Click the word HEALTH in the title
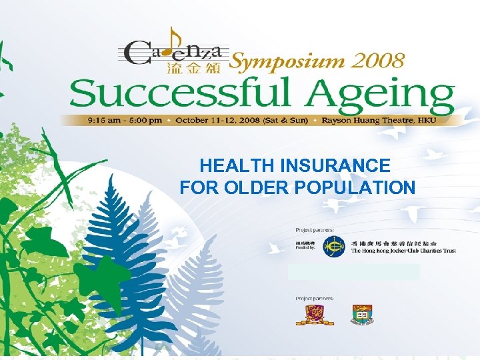[229, 165]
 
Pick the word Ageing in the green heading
[383, 96]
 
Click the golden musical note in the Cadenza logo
[174, 41]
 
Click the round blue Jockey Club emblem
[334, 247]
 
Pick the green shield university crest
[362, 315]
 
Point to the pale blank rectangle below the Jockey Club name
[353, 271]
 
